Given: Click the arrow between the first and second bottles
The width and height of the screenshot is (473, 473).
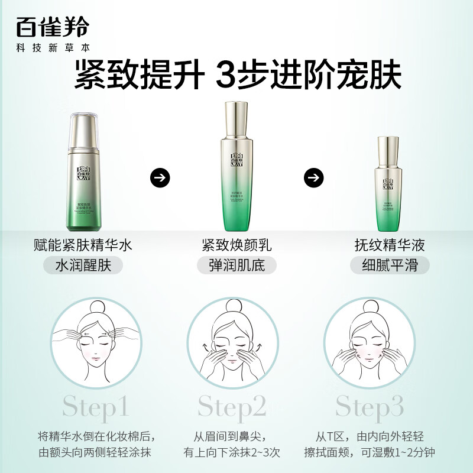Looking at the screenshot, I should pyautogui.click(x=160, y=177).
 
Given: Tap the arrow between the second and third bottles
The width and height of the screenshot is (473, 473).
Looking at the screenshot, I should pyautogui.click(x=314, y=177).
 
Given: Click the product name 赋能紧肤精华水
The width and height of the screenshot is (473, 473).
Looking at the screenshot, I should pyautogui.click(x=83, y=245).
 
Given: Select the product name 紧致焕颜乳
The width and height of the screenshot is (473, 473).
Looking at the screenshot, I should pyautogui.click(x=237, y=245).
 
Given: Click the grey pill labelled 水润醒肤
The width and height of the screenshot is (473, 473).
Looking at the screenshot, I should pyautogui.click(x=83, y=264).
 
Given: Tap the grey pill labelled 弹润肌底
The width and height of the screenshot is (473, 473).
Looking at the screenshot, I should pyautogui.click(x=237, y=264).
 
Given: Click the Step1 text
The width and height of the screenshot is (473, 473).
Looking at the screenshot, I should pyautogui.click(x=96, y=407).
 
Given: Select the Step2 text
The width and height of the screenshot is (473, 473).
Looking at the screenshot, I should pyautogui.click(x=232, y=407).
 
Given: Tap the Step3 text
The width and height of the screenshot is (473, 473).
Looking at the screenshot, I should pyautogui.click(x=370, y=407).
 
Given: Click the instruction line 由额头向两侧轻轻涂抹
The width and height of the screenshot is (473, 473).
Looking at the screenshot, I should pyautogui.click(x=96, y=452).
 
